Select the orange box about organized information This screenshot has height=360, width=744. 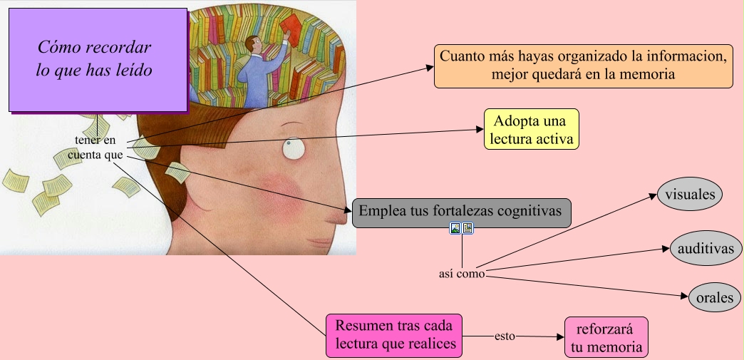(x=583, y=66)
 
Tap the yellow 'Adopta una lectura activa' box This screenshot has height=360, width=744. (x=531, y=129)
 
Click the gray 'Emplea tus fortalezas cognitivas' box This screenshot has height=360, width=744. (x=461, y=212)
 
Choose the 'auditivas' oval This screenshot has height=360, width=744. (x=706, y=248)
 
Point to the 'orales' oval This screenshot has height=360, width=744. (x=715, y=298)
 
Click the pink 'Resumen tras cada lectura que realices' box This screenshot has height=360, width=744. (x=394, y=336)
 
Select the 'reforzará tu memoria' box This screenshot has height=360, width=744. (x=606, y=337)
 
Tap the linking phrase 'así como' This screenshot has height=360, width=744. (x=461, y=273)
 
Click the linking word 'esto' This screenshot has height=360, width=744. (x=505, y=335)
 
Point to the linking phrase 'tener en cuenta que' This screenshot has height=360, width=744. (x=95, y=148)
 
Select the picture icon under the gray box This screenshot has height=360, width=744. (x=455, y=229)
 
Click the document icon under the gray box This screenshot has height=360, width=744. (x=467, y=229)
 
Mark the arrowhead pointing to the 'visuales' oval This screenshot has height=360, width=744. (x=652, y=197)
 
